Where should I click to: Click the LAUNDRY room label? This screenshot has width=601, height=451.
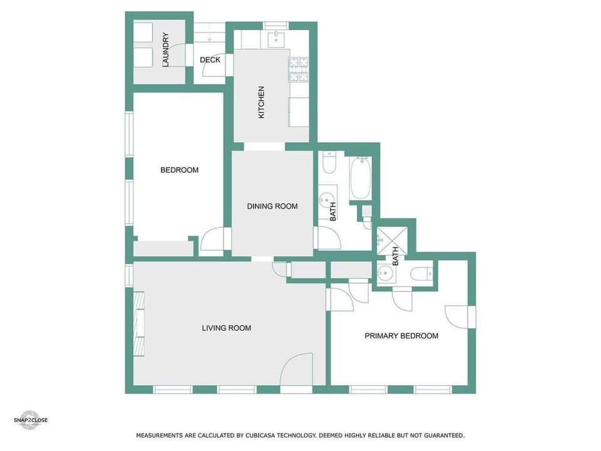[166, 49]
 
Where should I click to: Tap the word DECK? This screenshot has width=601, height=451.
[210, 60]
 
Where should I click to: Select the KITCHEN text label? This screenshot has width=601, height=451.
[262, 102]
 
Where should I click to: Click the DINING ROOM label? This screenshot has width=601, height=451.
[272, 206]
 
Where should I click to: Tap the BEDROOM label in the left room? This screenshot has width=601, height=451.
[179, 170]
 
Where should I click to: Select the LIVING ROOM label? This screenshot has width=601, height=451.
[226, 328]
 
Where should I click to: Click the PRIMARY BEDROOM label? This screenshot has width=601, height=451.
[401, 336]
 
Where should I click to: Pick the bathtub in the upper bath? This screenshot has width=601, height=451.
[361, 178]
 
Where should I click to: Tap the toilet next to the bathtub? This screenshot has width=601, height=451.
[329, 163]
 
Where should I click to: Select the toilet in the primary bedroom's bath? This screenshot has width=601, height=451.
[420, 273]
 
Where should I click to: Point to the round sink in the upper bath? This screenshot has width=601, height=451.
[326, 200]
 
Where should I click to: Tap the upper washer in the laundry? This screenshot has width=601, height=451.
[143, 33]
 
